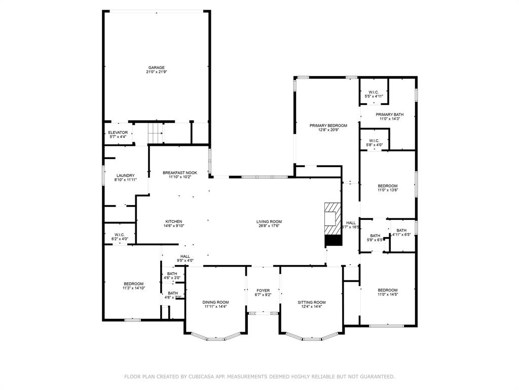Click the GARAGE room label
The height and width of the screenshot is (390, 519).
click(x=156, y=68)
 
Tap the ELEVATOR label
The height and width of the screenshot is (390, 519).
click(x=118, y=133)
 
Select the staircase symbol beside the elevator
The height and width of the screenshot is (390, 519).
click(x=156, y=134)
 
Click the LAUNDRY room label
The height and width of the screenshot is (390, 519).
click(x=125, y=176)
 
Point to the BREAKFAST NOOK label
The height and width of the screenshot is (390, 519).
click(x=179, y=173)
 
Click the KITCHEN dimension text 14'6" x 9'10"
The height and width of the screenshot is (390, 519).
click(x=173, y=226)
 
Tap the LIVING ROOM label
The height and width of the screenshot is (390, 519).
click(x=269, y=221)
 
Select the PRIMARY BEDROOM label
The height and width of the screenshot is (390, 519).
click(x=328, y=125)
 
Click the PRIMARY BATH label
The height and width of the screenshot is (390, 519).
click(x=389, y=115)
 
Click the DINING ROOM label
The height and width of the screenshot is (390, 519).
click(x=216, y=302)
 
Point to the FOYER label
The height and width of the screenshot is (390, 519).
click(x=263, y=290)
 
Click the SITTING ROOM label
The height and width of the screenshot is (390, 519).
click(x=311, y=302)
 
